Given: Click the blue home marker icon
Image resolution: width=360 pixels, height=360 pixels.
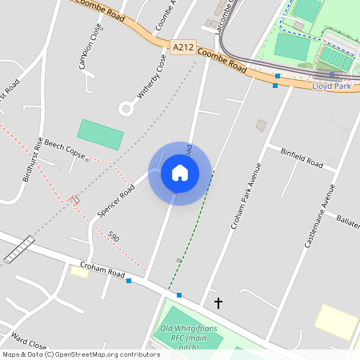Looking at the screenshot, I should click(x=180, y=172).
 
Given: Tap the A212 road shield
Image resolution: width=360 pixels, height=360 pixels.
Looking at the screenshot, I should click(x=183, y=49).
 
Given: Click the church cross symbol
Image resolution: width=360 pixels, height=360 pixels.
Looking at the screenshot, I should click(x=218, y=302).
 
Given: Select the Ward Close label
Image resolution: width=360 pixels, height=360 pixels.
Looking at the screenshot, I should click(x=29, y=342).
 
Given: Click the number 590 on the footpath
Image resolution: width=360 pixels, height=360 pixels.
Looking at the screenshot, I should click(x=114, y=237).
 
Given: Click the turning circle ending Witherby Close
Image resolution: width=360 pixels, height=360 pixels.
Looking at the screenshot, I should click(x=126, y=108).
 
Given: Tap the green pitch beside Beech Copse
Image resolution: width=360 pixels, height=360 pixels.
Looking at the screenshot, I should click(x=101, y=134).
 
